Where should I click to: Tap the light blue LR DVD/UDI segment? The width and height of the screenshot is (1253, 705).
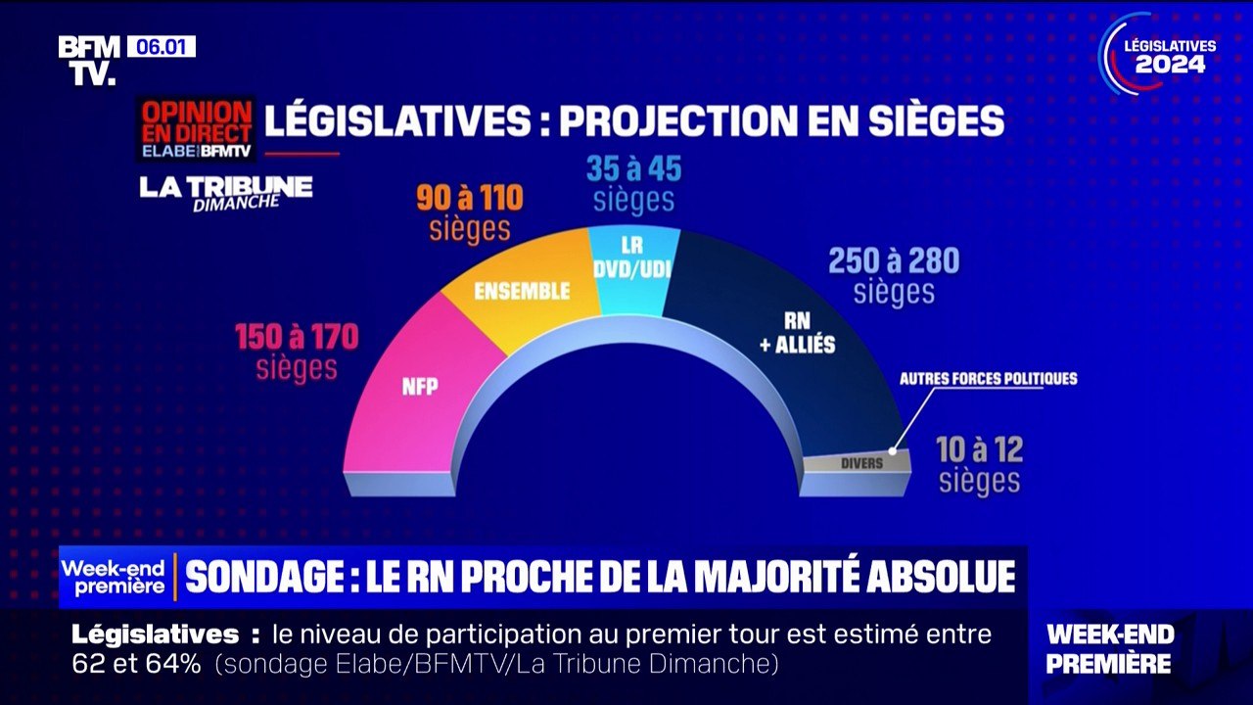pos(632,259)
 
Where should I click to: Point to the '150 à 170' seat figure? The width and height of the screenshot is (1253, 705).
pos(297,338)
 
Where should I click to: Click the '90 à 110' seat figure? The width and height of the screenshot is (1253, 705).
pos(470,199)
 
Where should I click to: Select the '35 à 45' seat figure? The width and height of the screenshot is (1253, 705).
pos(633,169)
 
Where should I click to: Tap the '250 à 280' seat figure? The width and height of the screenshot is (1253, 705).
pos(894,261)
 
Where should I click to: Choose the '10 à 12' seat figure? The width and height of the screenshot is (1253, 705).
pos(979,450)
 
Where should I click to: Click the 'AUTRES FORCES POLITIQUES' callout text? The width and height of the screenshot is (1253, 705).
pos(988,378)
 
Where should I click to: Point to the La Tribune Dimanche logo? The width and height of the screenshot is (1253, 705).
pos(225,191)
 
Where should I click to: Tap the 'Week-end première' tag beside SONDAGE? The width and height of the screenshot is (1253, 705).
pos(115,577)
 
